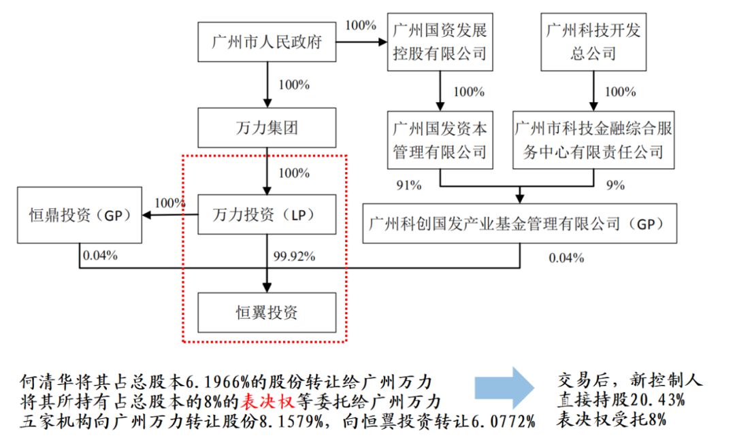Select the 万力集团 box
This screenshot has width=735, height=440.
(266, 127)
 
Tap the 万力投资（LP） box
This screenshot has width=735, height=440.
(266, 215)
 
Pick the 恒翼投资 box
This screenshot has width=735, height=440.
(266, 313)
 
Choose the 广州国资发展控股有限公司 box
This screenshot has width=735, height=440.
(440, 41)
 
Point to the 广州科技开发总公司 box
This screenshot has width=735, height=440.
(593, 41)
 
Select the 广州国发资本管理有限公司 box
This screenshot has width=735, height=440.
(440, 140)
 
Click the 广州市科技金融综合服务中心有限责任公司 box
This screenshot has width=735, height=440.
(593, 140)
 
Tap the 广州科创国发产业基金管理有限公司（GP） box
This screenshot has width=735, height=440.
(520, 223)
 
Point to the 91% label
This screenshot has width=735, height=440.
(408, 184)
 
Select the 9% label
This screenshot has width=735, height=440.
(615, 184)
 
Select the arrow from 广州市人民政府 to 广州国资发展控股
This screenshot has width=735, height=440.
(361, 42)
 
